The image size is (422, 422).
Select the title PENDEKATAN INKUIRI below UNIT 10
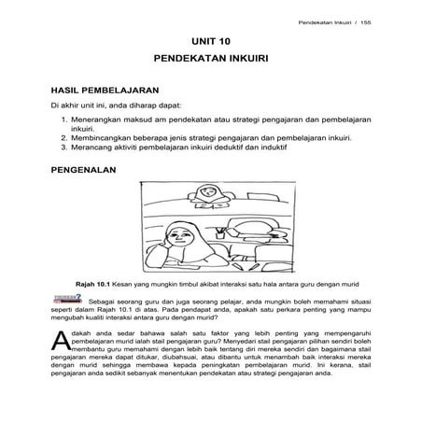[x=212, y=60]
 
